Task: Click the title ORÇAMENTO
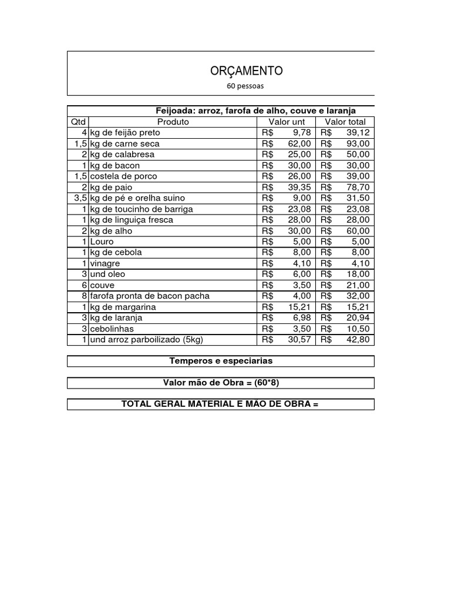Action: tap(246, 71)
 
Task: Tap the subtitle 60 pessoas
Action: tap(245, 86)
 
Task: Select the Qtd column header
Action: tap(78, 122)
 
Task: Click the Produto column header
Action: tap(173, 122)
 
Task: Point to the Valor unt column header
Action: tap(287, 122)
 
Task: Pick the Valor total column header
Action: tap(345, 122)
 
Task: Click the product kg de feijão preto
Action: tap(124, 133)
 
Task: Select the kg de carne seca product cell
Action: tap(124, 143)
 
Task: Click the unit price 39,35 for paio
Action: tap(299, 187)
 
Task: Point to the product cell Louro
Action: tap(102, 242)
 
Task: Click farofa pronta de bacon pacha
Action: tap(150, 296)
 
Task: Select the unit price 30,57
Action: tap(299, 340)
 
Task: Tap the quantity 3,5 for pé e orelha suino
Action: tap(80, 198)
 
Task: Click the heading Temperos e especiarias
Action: tap(221, 361)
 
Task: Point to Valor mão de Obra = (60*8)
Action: tap(221, 383)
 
